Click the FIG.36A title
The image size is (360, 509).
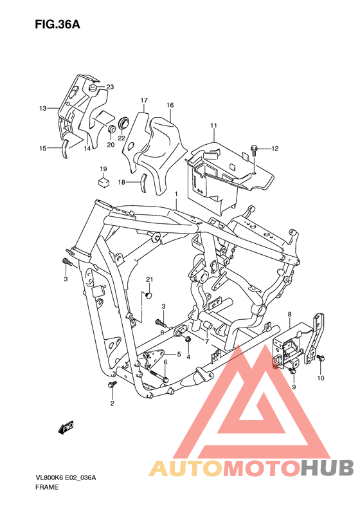(57, 24)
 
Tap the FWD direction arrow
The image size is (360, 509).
(66, 427)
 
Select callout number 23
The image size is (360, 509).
(111, 87)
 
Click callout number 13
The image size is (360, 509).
(43, 108)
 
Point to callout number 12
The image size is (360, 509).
(274, 149)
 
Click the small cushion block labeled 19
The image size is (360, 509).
(104, 181)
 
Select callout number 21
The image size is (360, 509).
(149, 279)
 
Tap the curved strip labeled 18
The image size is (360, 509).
(143, 183)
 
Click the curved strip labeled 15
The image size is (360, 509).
(65, 149)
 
